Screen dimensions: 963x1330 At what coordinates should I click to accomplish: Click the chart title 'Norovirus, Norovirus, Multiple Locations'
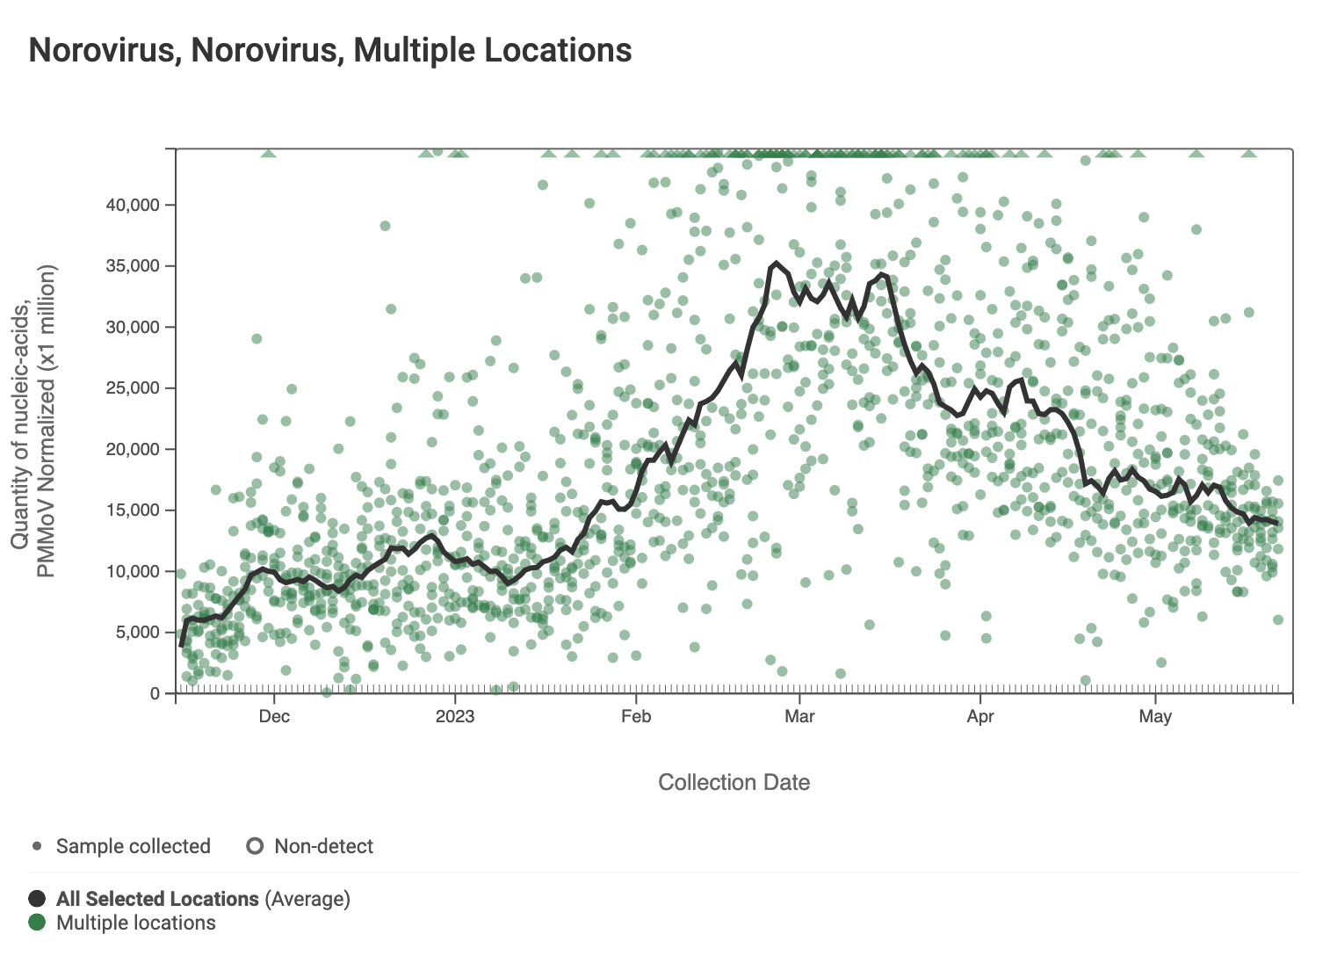[330, 51]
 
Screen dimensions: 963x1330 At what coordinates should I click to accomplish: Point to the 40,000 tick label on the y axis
[133, 205]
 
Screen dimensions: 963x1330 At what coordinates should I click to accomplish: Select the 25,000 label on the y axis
[133, 387]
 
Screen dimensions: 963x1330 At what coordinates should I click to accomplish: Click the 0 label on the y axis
[155, 693]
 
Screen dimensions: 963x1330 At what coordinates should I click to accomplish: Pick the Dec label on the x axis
[274, 716]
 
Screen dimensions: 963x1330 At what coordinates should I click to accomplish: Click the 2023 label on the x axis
[455, 716]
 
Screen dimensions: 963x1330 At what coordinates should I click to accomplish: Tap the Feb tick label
[636, 716]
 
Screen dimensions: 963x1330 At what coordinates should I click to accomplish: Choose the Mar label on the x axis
[799, 716]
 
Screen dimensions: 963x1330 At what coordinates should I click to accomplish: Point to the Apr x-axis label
[980, 716]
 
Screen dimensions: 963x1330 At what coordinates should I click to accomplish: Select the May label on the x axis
[1155, 716]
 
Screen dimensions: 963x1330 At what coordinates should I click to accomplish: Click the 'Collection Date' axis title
[734, 782]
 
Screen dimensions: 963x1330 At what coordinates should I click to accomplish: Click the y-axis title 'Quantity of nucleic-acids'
[21, 422]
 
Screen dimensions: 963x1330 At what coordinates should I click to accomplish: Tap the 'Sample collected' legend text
[134, 846]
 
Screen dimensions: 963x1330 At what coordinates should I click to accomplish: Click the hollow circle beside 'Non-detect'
[255, 846]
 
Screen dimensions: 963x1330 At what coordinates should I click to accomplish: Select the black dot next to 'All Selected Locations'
[37, 899]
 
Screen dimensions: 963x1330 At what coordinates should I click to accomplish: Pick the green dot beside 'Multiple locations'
[37, 923]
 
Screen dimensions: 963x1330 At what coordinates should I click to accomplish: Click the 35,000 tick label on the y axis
[133, 265]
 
